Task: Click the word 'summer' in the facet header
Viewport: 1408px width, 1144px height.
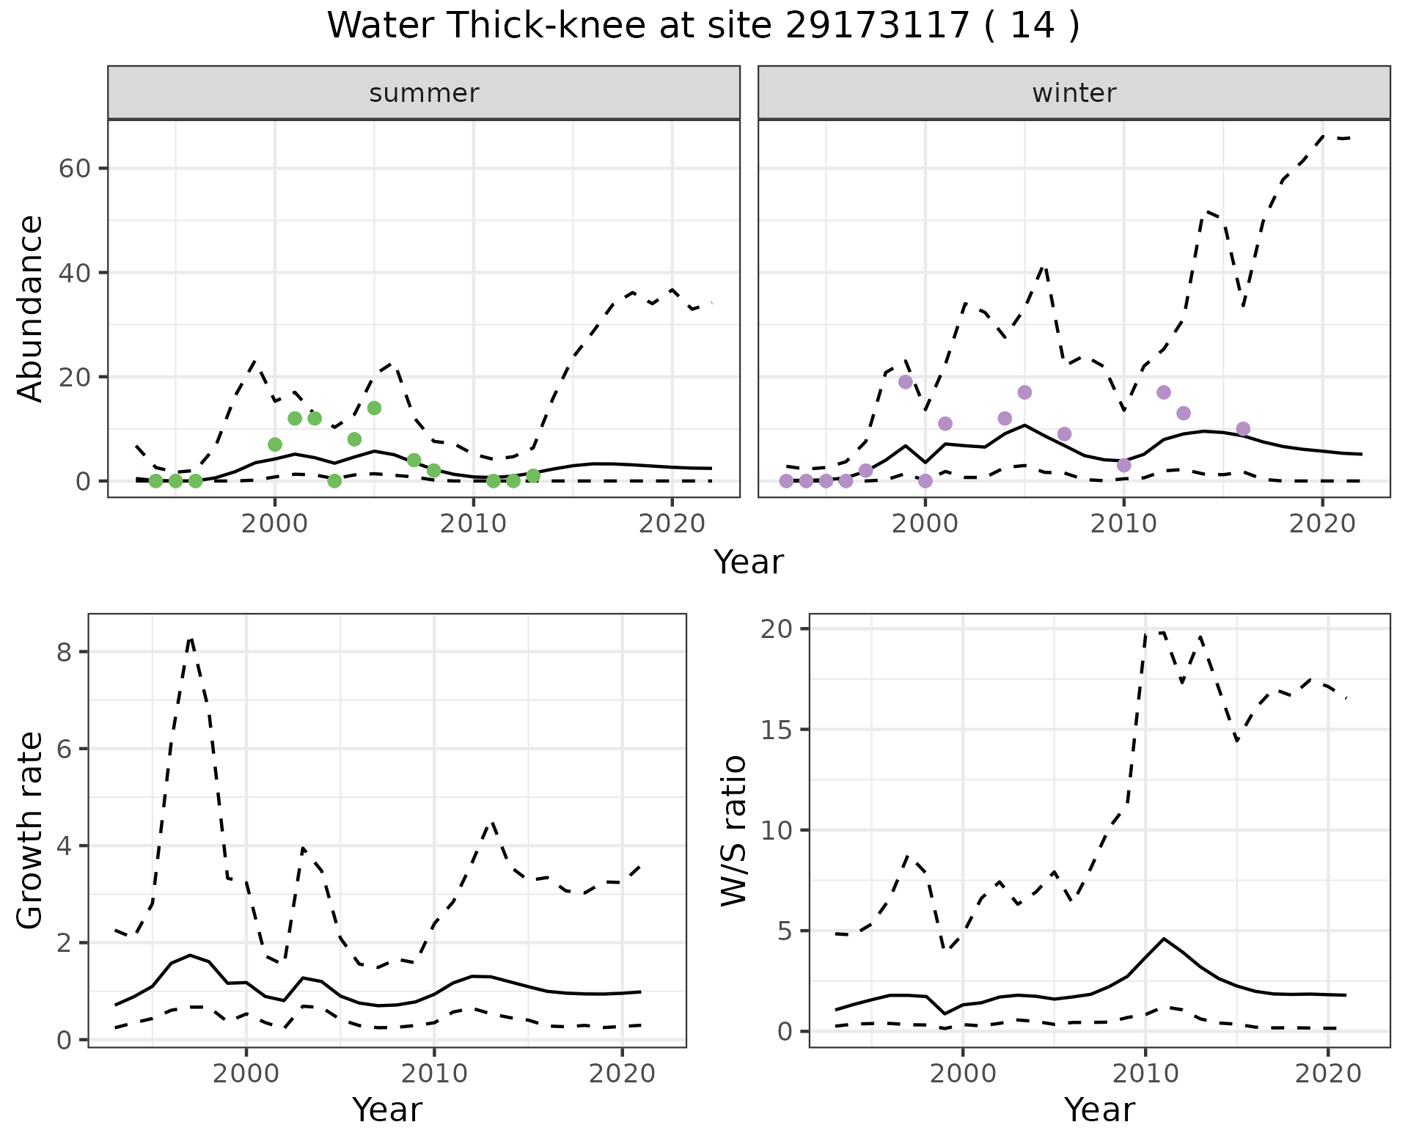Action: tap(424, 93)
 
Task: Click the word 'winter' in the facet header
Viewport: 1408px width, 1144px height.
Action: tap(1074, 93)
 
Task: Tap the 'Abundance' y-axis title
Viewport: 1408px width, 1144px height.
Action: tap(31, 308)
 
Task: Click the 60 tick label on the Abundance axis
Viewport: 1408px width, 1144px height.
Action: tap(73, 168)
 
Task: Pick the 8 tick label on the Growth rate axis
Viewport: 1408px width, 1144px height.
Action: tap(64, 652)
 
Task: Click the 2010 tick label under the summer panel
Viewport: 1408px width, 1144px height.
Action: tap(473, 524)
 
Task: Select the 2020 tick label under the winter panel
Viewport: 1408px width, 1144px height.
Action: tap(1322, 524)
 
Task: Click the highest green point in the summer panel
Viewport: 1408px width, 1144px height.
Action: tap(374, 408)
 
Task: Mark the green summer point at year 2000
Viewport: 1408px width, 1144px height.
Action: tap(275, 444)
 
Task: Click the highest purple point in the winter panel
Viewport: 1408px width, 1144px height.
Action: tap(906, 382)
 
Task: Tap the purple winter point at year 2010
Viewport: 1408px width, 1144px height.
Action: tap(1123, 465)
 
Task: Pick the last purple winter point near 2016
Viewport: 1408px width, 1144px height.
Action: tap(1242, 429)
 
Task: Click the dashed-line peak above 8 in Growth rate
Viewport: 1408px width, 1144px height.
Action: tap(191, 639)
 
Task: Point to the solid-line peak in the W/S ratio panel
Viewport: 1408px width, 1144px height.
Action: tap(1164, 939)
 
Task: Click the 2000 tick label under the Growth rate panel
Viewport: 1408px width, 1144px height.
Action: tap(246, 1074)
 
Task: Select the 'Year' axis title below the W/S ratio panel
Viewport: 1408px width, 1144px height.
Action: tap(1099, 1110)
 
